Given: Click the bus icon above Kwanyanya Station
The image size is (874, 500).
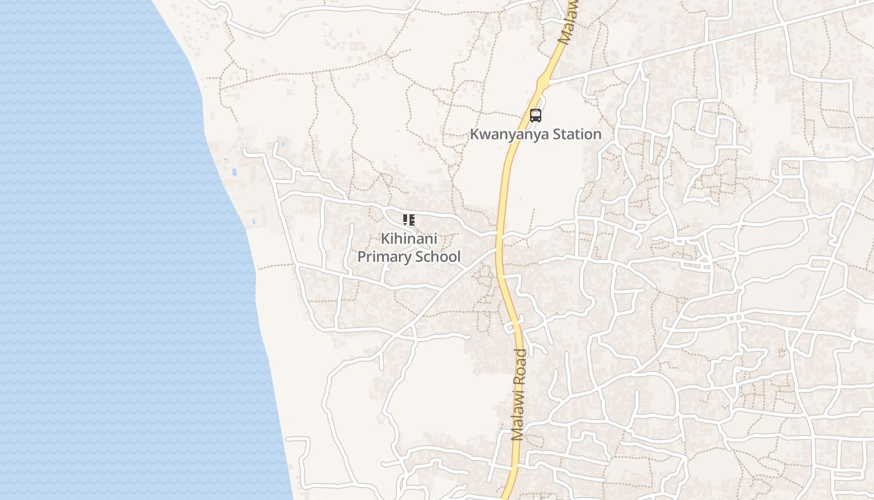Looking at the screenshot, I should (535, 115).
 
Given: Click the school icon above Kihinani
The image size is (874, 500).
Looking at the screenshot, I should (409, 220).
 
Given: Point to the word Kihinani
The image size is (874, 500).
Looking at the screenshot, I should (409, 239).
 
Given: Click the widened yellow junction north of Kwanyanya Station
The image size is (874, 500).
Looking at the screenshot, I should (542, 81).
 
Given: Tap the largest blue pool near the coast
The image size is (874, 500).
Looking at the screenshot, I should (234, 172).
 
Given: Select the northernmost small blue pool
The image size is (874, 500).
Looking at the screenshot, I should (282, 144).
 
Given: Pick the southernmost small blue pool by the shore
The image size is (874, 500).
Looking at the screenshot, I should (254, 222).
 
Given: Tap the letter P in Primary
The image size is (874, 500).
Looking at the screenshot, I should (361, 257).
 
